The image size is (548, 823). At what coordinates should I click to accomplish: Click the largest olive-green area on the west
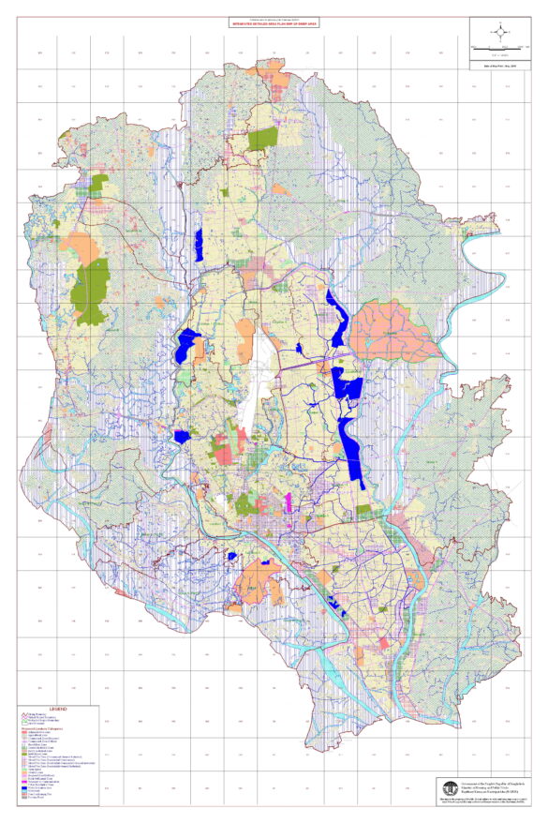pos(92,291)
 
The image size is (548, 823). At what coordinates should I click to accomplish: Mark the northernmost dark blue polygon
pos(198,246)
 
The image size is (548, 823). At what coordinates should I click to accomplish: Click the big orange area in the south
pos(255,581)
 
